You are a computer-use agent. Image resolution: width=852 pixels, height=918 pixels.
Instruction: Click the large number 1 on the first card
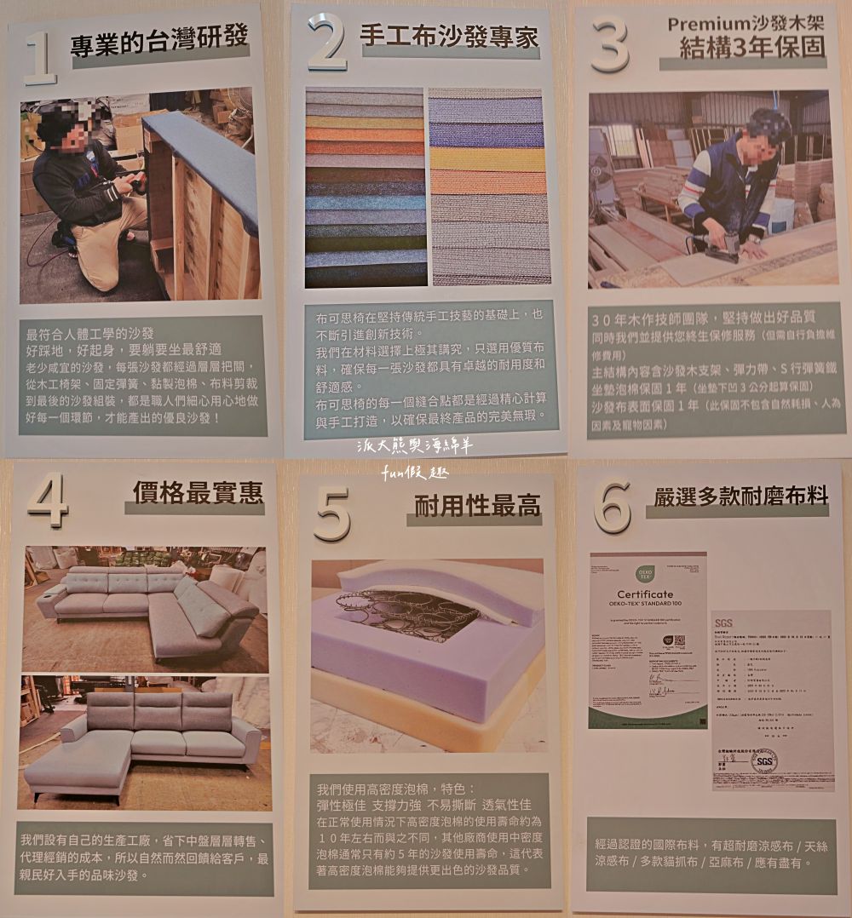pos(39,55)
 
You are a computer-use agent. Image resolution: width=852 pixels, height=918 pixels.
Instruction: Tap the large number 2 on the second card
pos(325,43)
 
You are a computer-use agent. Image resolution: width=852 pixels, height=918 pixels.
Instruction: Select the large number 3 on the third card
pos(610,46)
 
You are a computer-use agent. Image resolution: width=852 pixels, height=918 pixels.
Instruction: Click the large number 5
pos(332,512)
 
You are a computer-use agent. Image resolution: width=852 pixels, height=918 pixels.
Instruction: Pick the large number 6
pos(613,507)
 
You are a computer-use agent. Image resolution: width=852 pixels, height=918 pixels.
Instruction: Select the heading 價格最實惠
pos(198,492)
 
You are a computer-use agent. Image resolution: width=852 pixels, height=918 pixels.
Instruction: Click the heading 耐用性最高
pos(477,507)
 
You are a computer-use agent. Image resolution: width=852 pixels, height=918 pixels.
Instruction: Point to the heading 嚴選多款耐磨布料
pos(735,498)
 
